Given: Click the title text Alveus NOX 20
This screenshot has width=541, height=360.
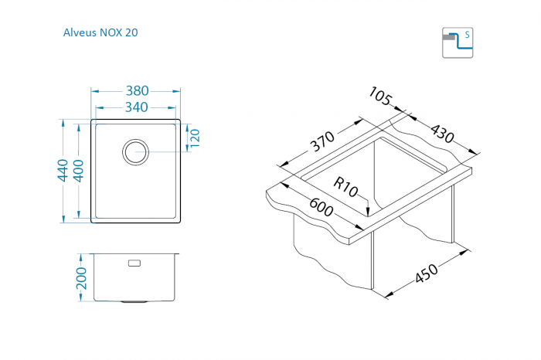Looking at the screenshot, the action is coord(100,32).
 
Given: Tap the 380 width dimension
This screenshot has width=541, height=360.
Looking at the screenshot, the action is coord(137,90).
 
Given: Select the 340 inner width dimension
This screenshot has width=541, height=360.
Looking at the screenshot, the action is coord(136,107).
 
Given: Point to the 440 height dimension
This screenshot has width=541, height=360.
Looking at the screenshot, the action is coord(63,171).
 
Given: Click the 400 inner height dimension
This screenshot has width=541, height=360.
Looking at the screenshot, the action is coord(79,171).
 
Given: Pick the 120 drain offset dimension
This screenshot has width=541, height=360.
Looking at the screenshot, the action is coord(195,138).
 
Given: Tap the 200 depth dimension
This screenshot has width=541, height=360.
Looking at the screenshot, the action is coord(81,278).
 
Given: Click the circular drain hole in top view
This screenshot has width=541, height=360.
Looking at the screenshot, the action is coord(135,151).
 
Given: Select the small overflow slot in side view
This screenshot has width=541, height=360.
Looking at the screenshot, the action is coord(134,263).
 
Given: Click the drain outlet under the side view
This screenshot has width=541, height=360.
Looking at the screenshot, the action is coord(134,302).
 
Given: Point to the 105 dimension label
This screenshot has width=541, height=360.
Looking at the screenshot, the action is coord(380,97).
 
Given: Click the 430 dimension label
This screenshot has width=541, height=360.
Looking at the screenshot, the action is coord(442,134).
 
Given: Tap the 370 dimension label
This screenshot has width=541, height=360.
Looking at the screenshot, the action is coord(322,141).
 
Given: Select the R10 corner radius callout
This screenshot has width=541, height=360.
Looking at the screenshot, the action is coord(345,187).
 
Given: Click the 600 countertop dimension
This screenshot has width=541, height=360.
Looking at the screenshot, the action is coord(321,206).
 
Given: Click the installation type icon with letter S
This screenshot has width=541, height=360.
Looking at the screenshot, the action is coord(458,42).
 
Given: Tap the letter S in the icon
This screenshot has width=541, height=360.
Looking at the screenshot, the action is coord(467,35).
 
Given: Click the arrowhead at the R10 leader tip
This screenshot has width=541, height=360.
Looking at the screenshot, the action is coord(368,212).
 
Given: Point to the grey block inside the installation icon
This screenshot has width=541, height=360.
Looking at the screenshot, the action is coord(449,37).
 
